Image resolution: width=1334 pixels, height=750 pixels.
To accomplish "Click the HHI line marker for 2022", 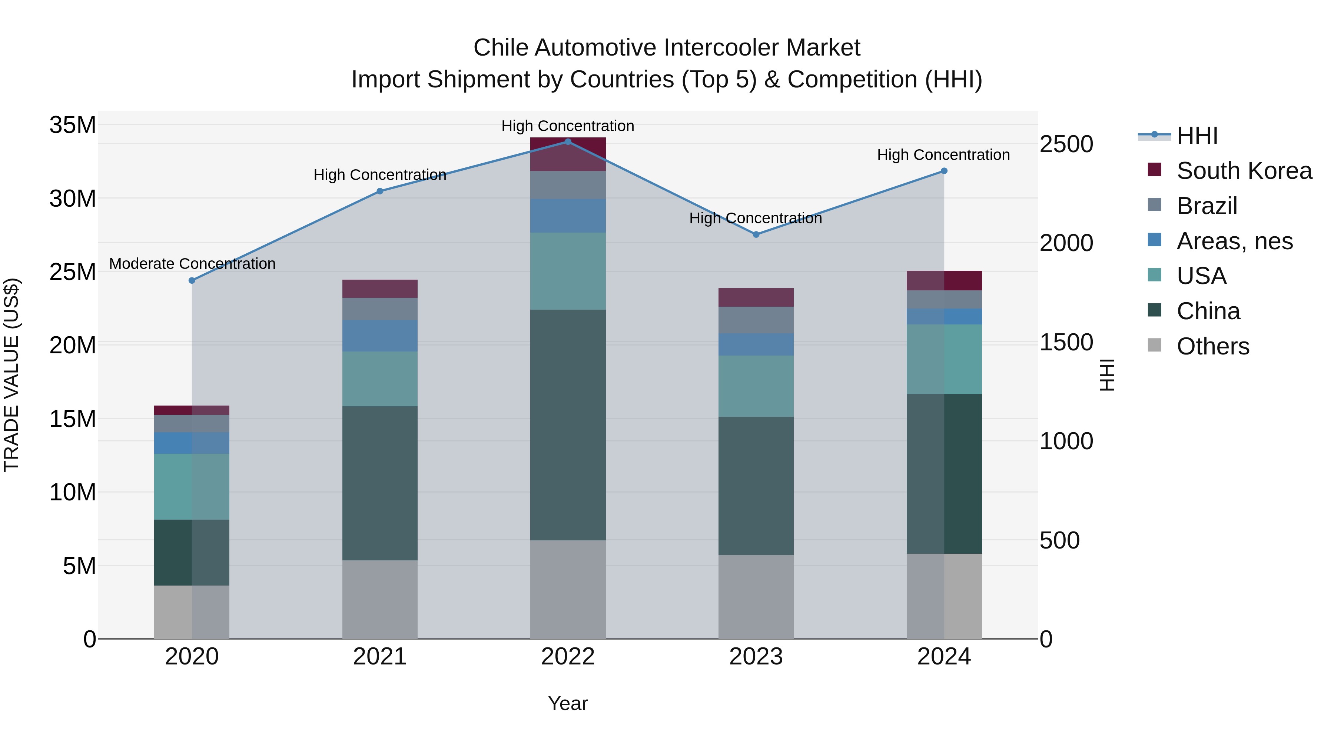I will (568, 141).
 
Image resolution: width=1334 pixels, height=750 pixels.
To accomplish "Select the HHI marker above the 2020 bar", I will (192, 280).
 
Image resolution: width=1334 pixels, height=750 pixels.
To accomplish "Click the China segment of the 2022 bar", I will (568, 424).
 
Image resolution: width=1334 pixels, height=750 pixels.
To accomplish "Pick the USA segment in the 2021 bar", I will (379, 379).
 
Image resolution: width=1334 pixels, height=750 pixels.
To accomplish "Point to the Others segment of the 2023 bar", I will (756, 597).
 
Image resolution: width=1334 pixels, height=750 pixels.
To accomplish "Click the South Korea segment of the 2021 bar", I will (379, 288).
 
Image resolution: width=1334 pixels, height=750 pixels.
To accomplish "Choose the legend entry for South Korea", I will (1244, 171).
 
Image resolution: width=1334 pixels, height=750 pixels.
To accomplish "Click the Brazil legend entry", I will (1207, 206).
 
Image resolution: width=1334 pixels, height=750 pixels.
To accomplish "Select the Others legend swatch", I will (1154, 345).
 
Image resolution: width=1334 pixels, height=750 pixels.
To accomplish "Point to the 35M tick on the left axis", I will (73, 125).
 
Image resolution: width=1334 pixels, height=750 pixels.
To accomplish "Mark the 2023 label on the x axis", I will (756, 657).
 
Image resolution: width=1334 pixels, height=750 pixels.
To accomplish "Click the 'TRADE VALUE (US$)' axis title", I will (11, 375).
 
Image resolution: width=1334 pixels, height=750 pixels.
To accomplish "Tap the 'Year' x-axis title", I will (568, 703).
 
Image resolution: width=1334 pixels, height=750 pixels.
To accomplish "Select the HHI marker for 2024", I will (943, 171).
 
